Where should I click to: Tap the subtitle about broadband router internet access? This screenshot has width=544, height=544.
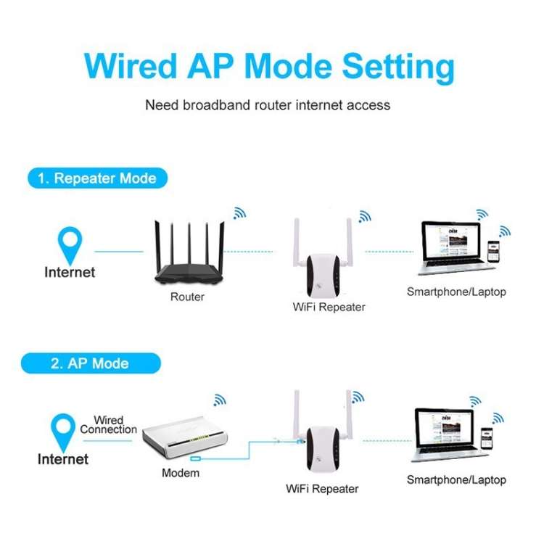tap(268, 105)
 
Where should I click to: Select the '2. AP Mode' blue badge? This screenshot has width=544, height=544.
tap(90, 363)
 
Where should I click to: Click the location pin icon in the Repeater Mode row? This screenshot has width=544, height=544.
tap(70, 245)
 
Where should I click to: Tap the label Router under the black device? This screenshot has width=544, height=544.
tap(187, 297)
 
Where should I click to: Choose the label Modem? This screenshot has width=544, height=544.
tap(181, 474)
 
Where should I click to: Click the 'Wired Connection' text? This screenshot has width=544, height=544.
tap(109, 425)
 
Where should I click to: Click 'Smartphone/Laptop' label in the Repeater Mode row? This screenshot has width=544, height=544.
tap(456, 292)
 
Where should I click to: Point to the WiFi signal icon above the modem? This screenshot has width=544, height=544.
tap(219, 399)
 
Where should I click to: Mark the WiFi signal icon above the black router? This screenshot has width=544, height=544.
tap(239, 213)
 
